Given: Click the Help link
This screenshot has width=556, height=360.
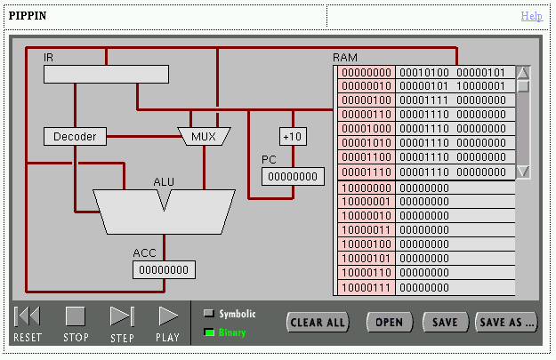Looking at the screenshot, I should [531, 16].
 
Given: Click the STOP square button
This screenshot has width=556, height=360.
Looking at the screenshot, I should [76, 316].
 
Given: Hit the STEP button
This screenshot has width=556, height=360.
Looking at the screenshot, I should [122, 316].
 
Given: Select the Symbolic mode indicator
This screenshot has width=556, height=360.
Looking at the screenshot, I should [209, 313].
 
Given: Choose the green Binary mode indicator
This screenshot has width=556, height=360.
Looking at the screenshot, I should [209, 332].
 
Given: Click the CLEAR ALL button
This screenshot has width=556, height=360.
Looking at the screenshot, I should [318, 322].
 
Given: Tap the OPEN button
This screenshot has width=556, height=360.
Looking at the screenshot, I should [389, 322].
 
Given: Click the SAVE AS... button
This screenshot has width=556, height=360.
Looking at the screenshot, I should [507, 322].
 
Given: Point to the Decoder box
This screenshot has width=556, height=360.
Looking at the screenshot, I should [75, 136].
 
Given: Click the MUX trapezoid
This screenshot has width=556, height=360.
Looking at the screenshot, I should [204, 136].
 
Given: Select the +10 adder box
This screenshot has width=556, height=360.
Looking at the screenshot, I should [292, 136].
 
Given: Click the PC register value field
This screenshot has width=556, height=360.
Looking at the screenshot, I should [293, 176].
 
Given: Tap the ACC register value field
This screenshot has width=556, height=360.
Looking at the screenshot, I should [165, 269].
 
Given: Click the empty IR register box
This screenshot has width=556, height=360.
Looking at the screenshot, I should [106, 74].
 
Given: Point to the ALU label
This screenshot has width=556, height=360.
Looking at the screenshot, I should [164, 182].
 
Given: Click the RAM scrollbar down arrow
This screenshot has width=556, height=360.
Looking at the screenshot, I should [523, 172].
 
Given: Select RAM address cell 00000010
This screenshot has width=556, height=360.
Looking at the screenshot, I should [366, 86].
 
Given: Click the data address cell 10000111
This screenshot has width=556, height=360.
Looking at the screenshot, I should [366, 287].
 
